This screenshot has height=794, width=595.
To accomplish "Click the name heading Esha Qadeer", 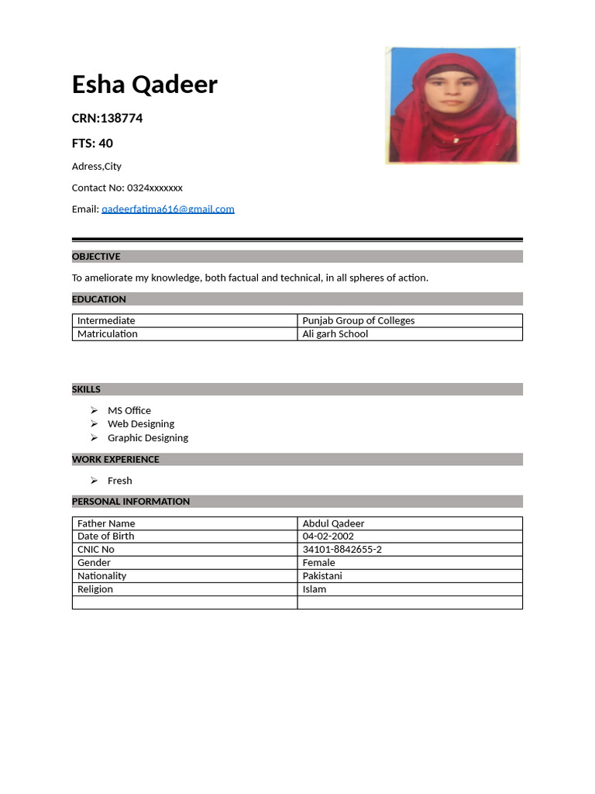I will pyautogui.click(x=144, y=85).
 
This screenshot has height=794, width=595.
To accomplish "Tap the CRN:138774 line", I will pyautogui.click(x=107, y=119).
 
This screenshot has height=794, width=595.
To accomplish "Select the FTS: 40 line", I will pyautogui.click(x=92, y=143).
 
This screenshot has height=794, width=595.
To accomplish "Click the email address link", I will pyautogui.click(x=167, y=209).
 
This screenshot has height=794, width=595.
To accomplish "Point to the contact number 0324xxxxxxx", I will pyautogui.click(x=154, y=188).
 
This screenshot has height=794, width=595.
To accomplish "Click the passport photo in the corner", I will pyautogui.click(x=452, y=105).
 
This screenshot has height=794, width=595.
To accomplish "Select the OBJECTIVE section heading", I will pyautogui.click(x=96, y=257).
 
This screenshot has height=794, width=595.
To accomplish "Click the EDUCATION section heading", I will pyautogui.click(x=99, y=299).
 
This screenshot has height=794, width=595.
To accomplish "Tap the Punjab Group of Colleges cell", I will pyautogui.click(x=358, y=320).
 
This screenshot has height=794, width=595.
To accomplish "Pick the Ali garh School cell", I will pyautogui.click(x=335, y=334).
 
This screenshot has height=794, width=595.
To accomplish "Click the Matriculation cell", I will pyautogui.click(x=107, y=334).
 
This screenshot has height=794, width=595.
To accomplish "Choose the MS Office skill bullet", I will pyautogui.click(x=129, y=411).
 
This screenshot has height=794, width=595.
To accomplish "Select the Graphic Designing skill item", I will pyautogui.click(x=147, y=438).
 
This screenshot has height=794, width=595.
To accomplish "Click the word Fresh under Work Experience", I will pyautogui.click(x=119, y=481).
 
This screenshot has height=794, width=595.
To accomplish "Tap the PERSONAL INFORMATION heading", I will pyautogui.click(x=131, y=502).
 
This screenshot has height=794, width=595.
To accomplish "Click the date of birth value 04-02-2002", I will pyautogui.click(x=328, y=537).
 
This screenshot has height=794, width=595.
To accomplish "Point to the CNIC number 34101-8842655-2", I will pyautogui.click(x=342, y=550).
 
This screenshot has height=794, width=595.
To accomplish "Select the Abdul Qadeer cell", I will pyautogui.click(x=333, y=523).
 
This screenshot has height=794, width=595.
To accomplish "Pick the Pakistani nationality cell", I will pyautogui.click(x=322, y=576).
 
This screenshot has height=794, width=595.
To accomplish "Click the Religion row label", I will pyautogui.click(x=95, y=589).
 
